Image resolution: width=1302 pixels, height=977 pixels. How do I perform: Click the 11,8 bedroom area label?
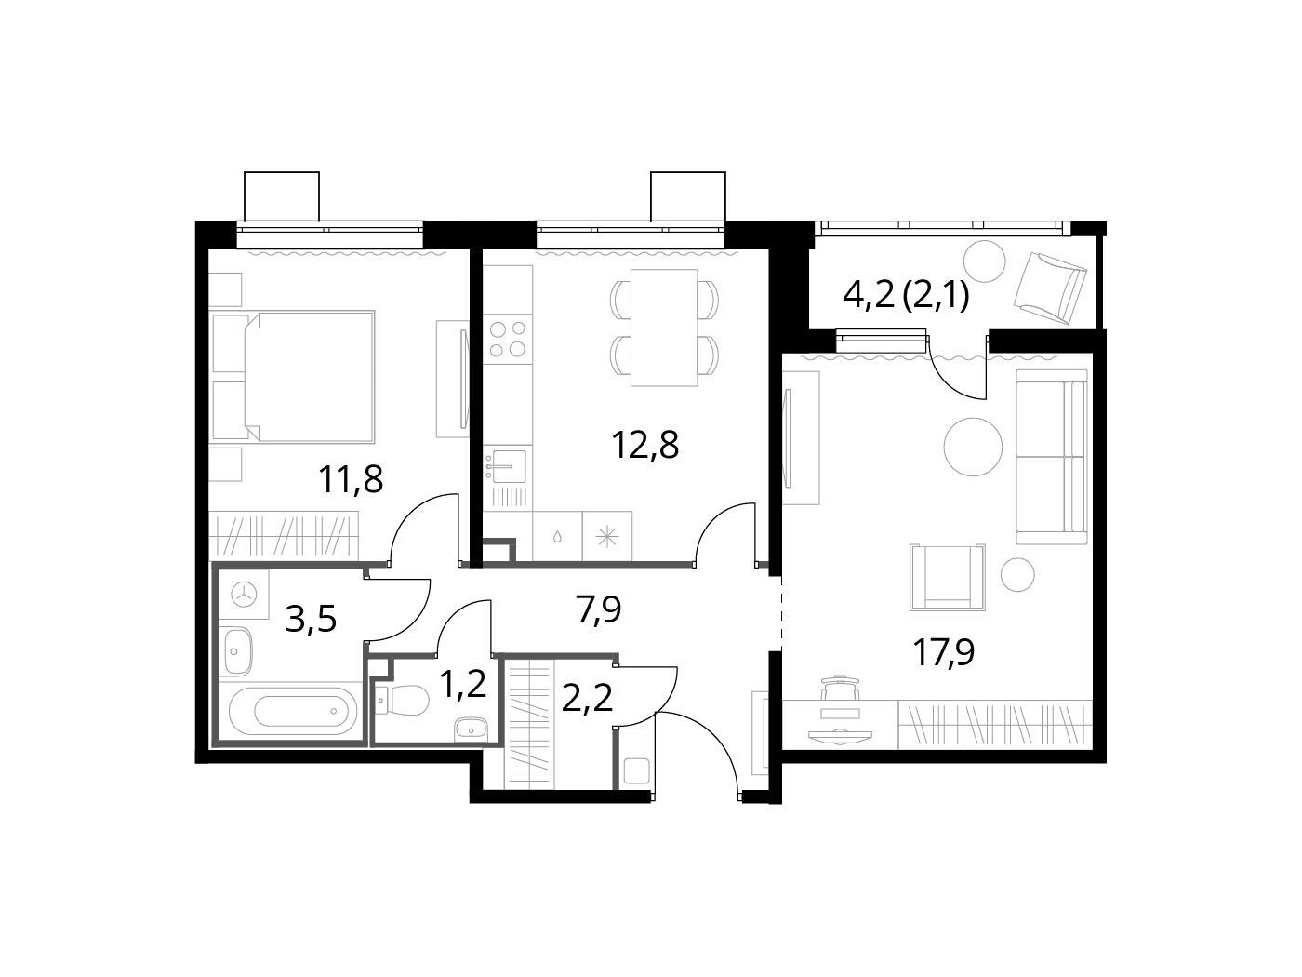(351, 479)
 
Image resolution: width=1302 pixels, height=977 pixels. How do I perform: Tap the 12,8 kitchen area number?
(645, 445)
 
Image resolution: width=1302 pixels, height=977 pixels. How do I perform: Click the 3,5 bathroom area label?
(311, 619)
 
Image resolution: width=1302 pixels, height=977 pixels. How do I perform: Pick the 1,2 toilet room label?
(463, 683)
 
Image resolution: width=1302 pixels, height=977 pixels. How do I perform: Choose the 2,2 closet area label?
(587, 700)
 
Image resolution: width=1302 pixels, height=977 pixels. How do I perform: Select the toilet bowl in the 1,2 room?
(403, 701)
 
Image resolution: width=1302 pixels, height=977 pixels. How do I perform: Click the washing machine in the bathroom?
(244, 594)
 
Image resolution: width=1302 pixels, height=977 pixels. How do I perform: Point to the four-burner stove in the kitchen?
(507, 339)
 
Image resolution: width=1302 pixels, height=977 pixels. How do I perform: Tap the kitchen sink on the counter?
(505, 466)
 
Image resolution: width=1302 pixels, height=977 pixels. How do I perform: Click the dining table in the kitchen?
(664, 328)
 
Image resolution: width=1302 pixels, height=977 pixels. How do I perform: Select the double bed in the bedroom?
(294, 377)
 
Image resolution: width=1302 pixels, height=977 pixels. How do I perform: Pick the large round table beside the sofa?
(974, 447)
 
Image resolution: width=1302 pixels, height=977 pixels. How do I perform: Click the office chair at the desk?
(841, 689)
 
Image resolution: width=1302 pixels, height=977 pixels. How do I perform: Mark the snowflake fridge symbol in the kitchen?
(606, 538)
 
